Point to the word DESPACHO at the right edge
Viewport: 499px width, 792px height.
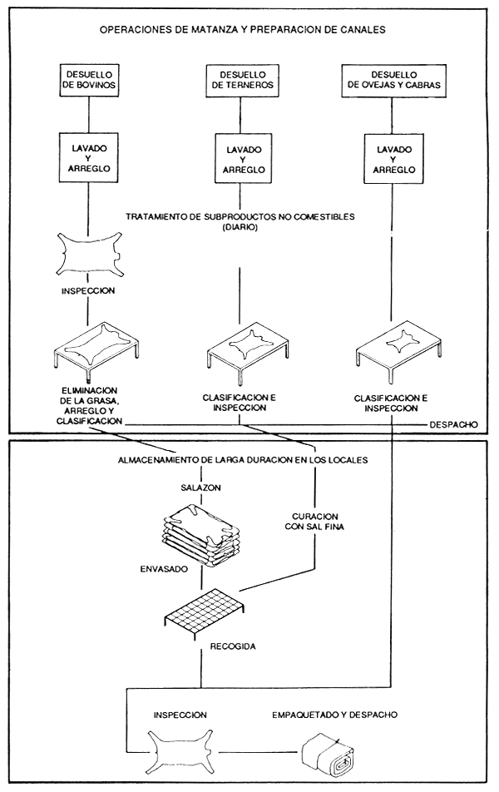(452, 424)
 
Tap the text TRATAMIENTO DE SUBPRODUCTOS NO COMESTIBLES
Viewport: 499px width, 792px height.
(240, 216)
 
